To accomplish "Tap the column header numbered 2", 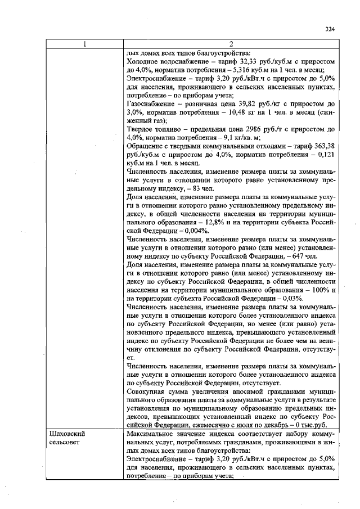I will coord(231,44).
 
